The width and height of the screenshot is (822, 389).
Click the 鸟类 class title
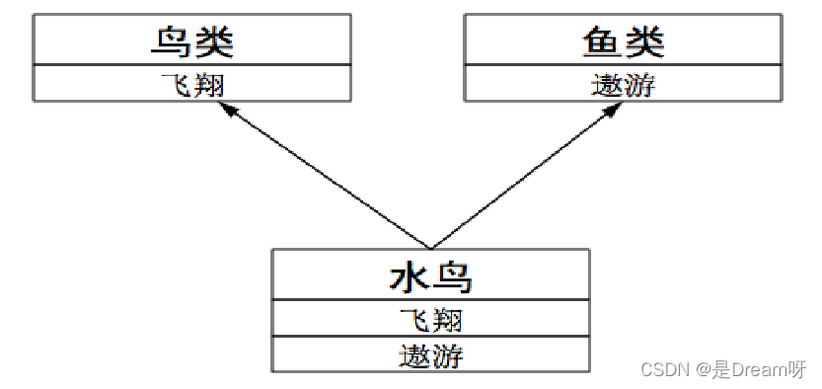pos(192,41)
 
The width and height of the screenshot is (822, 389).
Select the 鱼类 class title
pos(623,41)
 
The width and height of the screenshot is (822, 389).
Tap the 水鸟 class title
pos(430,277)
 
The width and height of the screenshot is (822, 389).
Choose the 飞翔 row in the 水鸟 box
pos(430,320)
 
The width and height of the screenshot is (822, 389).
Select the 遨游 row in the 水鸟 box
pos(430,354)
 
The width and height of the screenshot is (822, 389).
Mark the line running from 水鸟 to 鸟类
pos(331,179)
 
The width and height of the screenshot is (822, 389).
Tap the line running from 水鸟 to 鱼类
pos(521,179)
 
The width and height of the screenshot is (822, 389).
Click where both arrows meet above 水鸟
pos(430,247)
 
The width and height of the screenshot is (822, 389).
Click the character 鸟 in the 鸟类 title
pos(172,41)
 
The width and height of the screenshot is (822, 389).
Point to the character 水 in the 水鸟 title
pos(409,277)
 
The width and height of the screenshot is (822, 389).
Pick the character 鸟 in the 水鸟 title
pos(452,277)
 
